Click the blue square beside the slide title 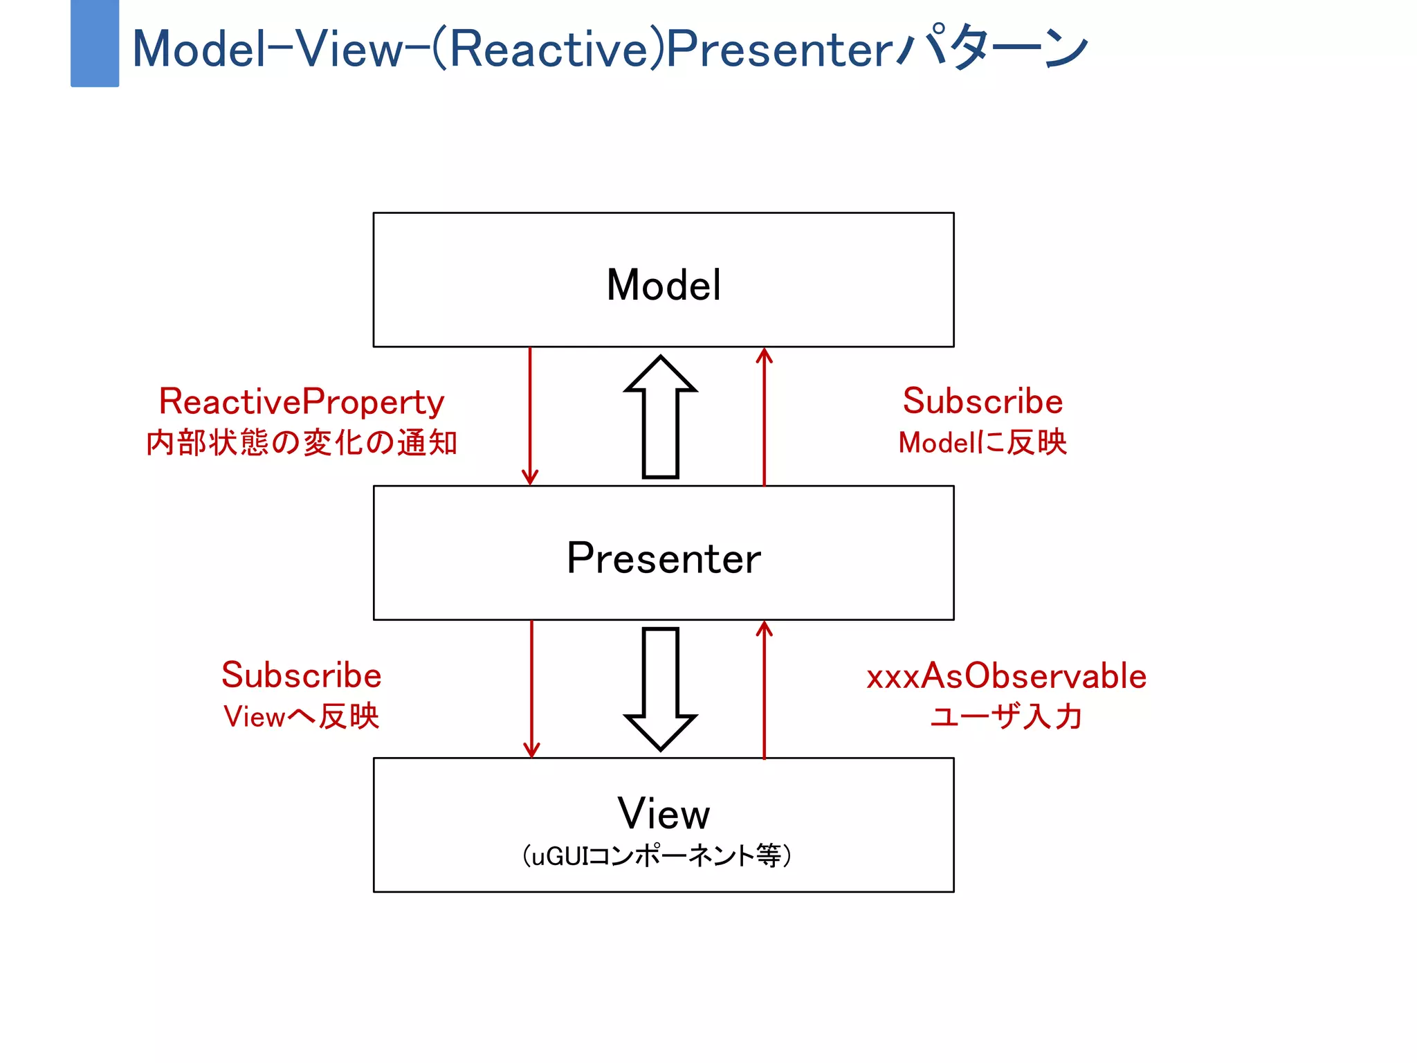[x=95, y=44]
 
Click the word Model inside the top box [x=664, y=284]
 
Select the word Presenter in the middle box [x=664, y=558]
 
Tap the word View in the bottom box [x=664, y=813]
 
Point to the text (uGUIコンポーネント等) [x=657, y=856]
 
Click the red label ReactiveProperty [x=302, y=401]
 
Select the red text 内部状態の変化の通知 [x=302, y=443]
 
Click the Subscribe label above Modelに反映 [x=982, y=401]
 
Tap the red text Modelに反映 [x=982, y=443]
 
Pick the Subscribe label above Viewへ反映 [x=302, y=675]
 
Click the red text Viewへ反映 [x=302, y=716]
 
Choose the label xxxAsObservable [x=1007, y=676]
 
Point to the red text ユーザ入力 [x=1007, y=716]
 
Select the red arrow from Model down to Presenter [x=530, y=415]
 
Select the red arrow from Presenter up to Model [x=764, y=415]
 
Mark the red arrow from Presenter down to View [x=531, y=689]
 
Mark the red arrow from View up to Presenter [x=764, y=689]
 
